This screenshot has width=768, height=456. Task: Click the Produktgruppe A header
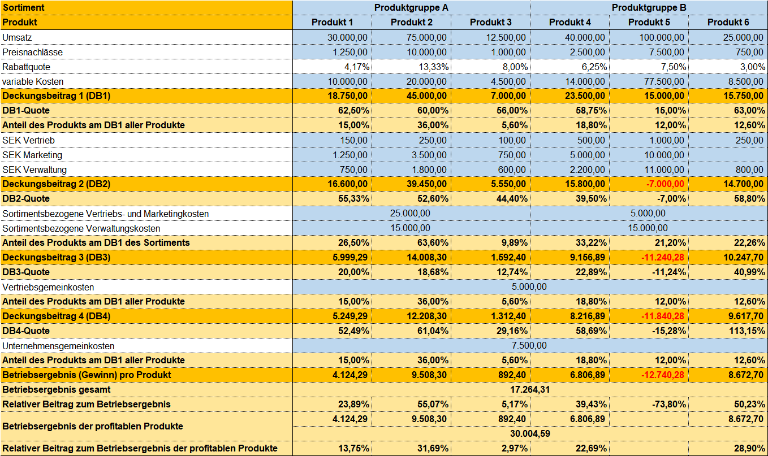coord(411,7)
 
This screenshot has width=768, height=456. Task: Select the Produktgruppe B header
coord(649,7)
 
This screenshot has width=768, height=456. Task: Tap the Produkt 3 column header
coord(490,22)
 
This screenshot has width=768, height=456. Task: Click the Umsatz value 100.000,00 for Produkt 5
coord(661,37)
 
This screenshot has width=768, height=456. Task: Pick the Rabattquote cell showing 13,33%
coord(433,67)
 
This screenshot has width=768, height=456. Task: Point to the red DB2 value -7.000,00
coord(665,184)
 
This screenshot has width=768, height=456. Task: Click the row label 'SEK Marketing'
coord(32,155)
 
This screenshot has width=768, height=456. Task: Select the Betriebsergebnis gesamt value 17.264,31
coord(530,389)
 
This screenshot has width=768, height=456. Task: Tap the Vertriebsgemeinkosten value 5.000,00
coord(529,286)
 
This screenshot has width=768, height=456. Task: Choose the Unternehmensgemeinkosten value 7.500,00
coord(529,345)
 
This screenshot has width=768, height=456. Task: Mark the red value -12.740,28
coord(662,375)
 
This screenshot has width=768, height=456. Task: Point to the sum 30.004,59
coord(530,433)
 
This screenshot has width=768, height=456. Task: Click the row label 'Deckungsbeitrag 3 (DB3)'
coord(56,257)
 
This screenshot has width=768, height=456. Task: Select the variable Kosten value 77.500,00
coord(664,81)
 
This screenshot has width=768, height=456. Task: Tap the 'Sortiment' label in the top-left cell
coord(23,7)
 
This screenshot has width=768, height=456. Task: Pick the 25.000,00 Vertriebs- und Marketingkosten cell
coord(410,213)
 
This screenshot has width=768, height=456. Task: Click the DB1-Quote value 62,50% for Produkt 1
coord(354,111)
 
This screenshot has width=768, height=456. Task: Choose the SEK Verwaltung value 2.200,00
coord(588,170)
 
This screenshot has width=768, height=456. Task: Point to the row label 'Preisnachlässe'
coord(33,53)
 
